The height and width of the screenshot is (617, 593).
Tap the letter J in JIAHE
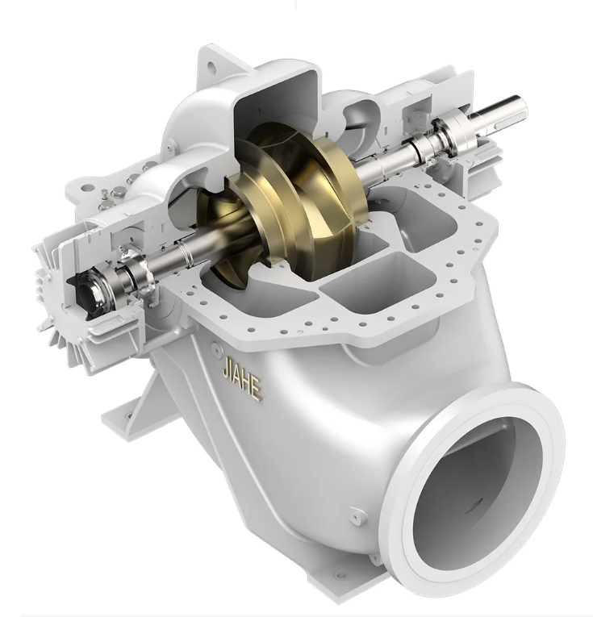pyautogui.click(x=226, y=365)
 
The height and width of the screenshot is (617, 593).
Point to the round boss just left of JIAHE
pyautogui.click(x=216, y=348)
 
